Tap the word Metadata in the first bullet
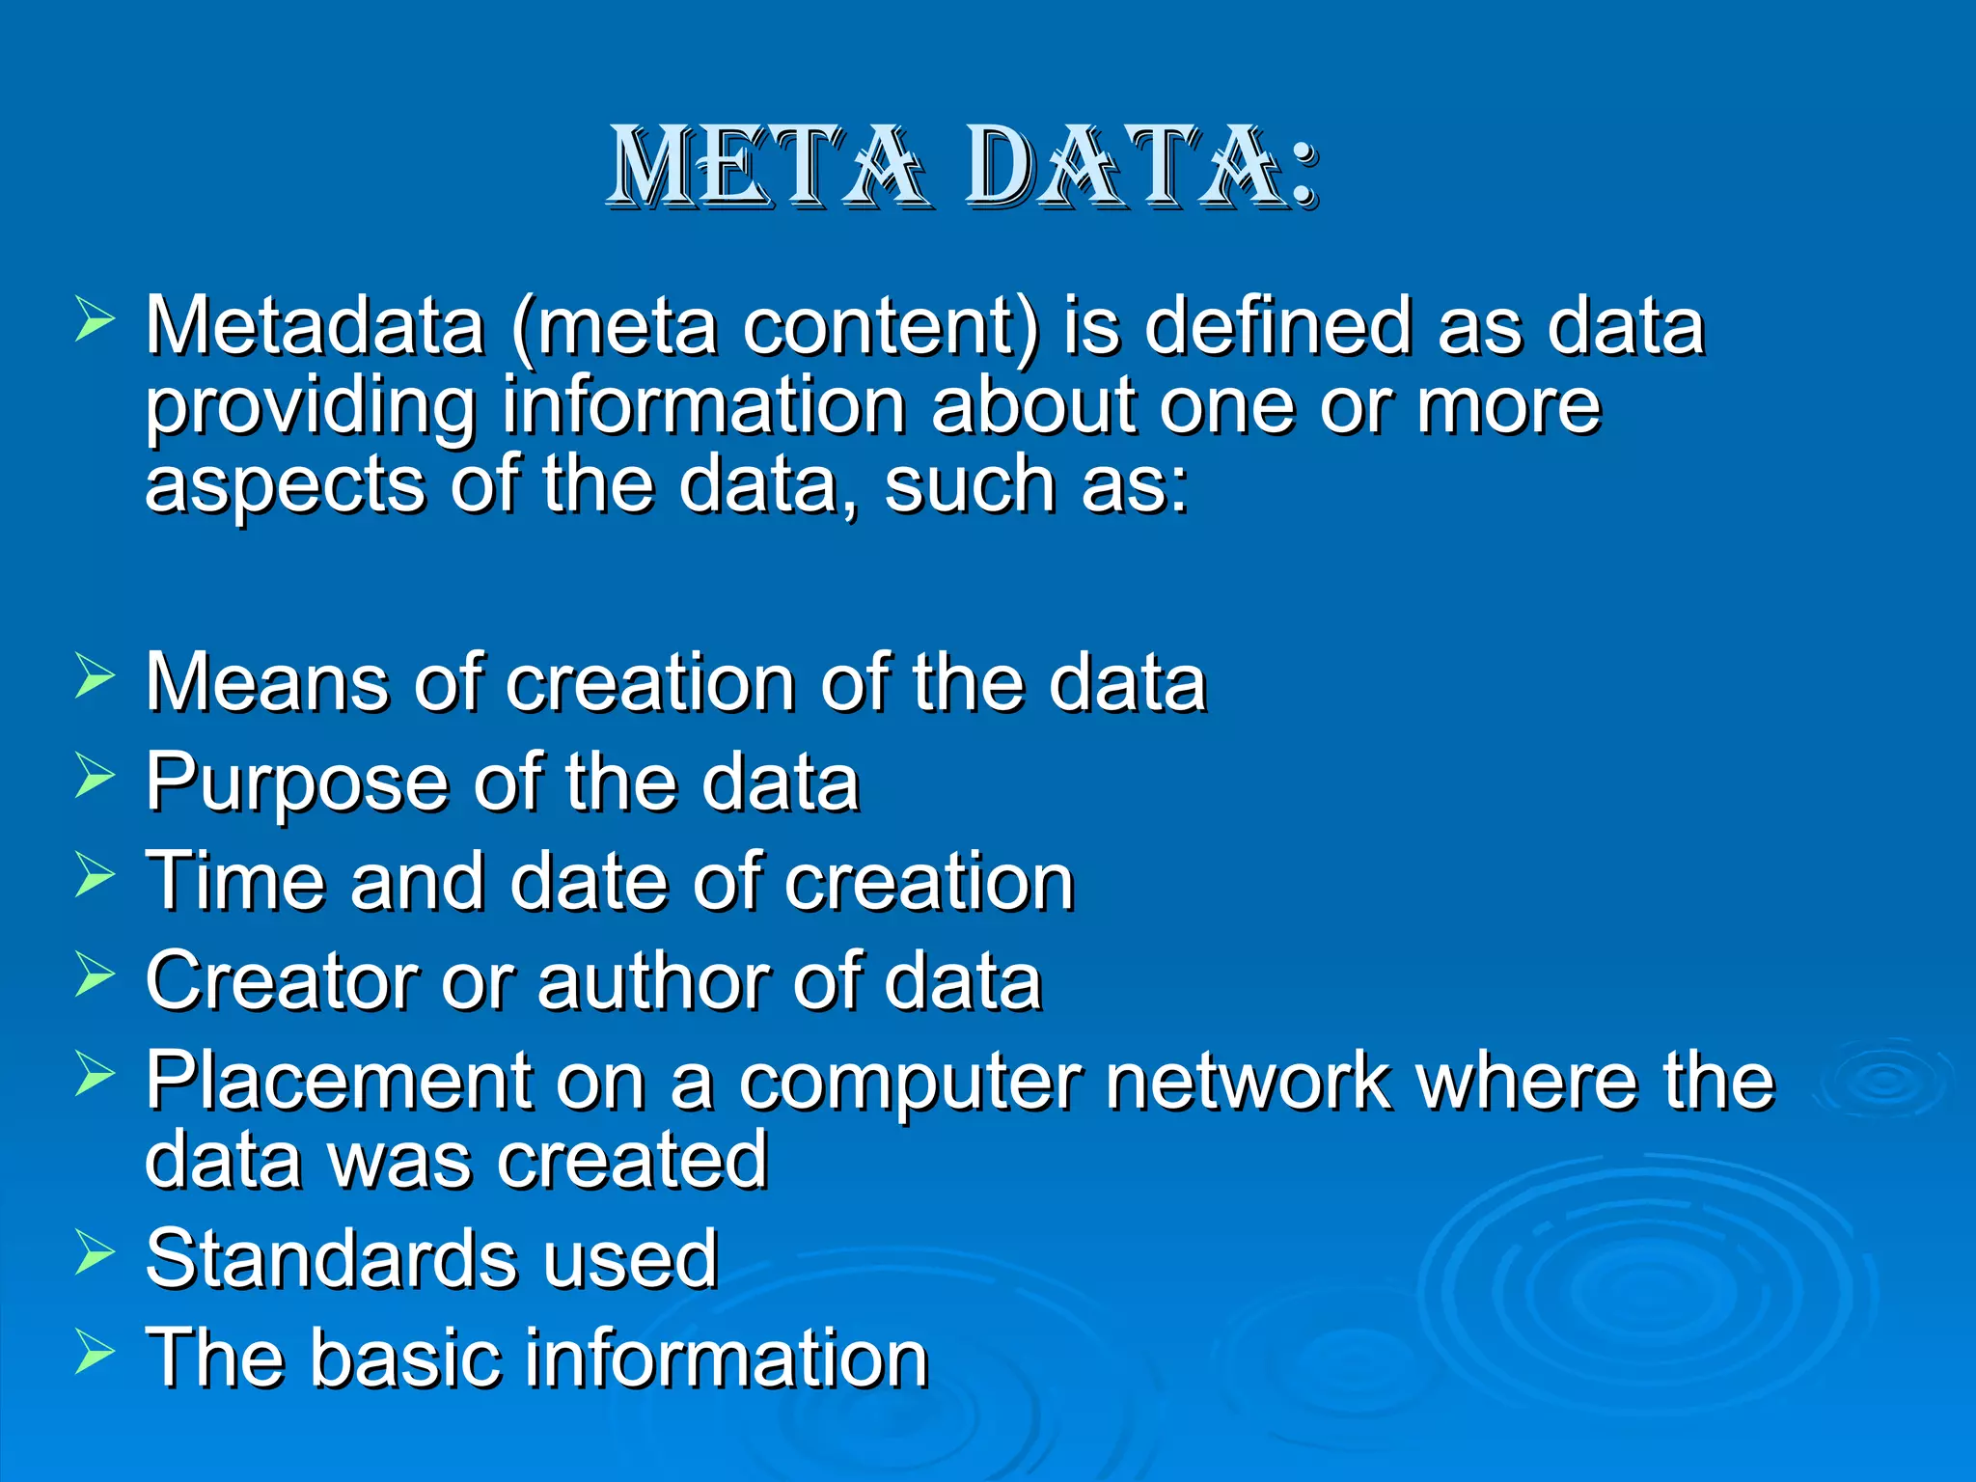point(315,326)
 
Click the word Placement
point(339,1081)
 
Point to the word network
point(1249,1081)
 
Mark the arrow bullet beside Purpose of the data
point(95,776)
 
